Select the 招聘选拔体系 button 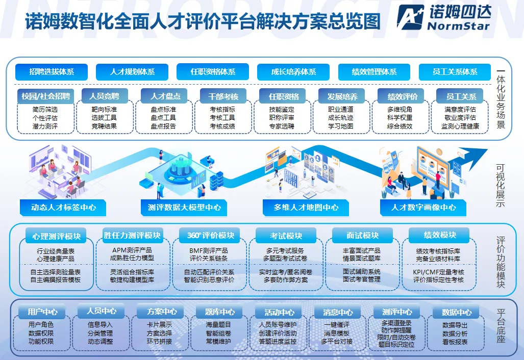[52, 72]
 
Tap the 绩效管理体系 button [374, 72]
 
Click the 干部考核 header [220, 96]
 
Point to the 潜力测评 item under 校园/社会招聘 [45, 126]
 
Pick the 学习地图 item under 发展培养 [341, 126]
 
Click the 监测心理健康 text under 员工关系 [460, 126]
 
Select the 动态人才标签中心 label [64, 208]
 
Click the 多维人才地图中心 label [306, 208]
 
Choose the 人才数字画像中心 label [423, 208]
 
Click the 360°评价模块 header [210, 236]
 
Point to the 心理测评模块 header [57, 237]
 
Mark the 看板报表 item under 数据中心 [455, 342]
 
